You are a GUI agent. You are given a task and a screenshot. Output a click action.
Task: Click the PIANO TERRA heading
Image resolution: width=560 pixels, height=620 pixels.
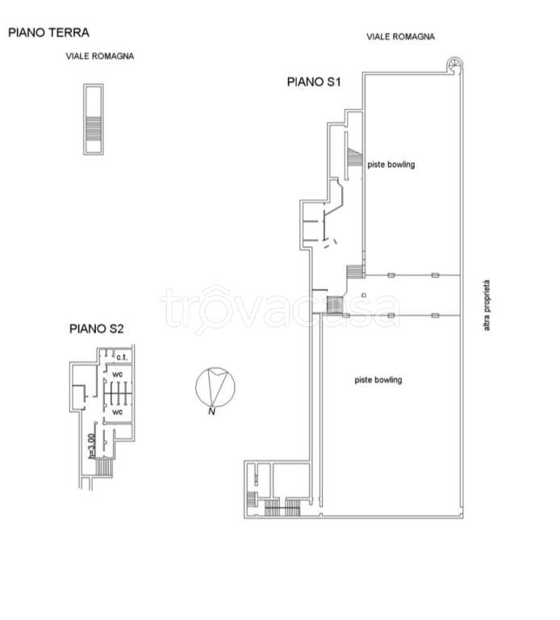pos(48,32)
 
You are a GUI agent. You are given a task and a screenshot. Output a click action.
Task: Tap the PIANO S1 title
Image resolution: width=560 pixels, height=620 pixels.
pos(313,82)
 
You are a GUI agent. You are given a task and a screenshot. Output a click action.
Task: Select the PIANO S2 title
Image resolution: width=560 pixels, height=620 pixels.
pos(97,329)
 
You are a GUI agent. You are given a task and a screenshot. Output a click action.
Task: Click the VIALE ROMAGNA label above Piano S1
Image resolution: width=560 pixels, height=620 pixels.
pos(400,37)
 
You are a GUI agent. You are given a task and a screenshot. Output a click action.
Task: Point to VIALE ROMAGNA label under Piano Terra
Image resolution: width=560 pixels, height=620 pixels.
pos(99,57)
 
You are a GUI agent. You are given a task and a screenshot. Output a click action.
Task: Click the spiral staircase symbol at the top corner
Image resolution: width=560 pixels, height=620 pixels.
pos(454,65)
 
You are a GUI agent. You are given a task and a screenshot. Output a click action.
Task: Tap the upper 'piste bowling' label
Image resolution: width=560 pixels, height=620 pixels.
pos(391,165)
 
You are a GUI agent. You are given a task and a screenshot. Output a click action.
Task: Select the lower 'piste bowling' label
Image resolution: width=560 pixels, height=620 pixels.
pos(378,380)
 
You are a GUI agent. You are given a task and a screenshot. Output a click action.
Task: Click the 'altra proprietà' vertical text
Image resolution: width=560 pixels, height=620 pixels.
pos(487,305)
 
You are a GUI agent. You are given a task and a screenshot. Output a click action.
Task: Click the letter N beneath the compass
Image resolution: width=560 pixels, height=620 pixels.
pos(212,412)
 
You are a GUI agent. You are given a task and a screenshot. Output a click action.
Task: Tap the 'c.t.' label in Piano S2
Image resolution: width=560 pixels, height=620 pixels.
pos(122,357)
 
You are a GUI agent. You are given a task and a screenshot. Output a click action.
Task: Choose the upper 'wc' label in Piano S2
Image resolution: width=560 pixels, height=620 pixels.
pos(117,374)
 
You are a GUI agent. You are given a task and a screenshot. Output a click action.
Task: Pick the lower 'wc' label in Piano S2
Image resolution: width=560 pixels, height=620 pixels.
pos(117,412)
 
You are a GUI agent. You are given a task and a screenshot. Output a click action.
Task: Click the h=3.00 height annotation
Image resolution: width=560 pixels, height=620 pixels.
pos(92,446)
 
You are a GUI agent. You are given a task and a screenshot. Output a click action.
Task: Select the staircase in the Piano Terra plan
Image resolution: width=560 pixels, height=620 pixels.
pos(94,128)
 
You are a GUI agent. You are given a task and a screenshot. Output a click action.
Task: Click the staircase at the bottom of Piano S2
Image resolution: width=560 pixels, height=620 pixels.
pos(104,467)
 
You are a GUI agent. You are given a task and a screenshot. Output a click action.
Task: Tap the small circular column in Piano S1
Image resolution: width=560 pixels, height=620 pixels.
pos(364,295)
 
